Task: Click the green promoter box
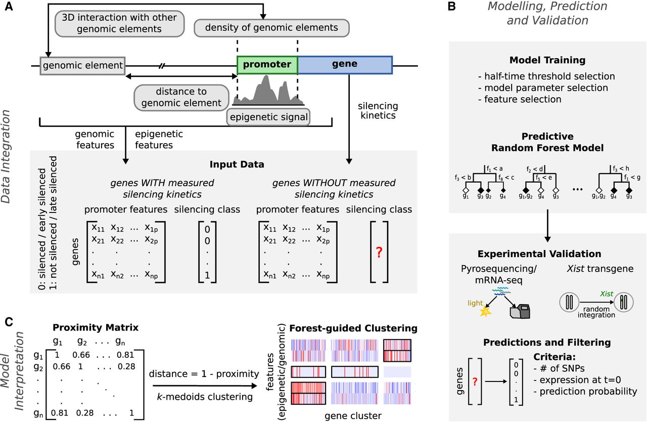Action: tap(267, 65)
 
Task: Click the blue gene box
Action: tap(345, 65)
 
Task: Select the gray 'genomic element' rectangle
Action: tap(82, 66)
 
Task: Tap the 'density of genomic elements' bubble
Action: tap(271, 28)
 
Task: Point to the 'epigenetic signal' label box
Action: tap(268, 117)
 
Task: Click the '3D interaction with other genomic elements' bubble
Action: tap(119, 23)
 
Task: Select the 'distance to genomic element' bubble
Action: tap(181, 98)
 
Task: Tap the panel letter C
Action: tap(9, 322)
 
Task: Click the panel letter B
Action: tap(451, 6)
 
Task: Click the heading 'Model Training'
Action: tap(547, 60)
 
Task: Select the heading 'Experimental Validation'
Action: tap(539, 254)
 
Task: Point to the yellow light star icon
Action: tap(485, 312)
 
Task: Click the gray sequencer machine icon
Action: tap(520, 312)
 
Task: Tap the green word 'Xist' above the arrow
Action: tap(607, 294)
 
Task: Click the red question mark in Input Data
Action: tap(379, 252)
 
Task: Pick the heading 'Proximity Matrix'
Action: tap(96, 327)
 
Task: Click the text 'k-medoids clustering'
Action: tap(205, 397)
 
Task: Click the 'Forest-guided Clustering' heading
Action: tap(353, 328)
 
